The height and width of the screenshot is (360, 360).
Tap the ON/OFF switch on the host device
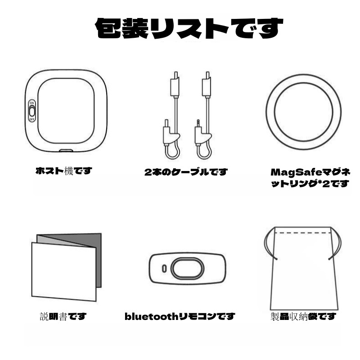(x=32, y=111)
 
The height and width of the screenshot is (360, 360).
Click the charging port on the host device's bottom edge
(x=66, y=151)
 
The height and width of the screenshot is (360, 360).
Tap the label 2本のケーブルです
(x=186, y=172)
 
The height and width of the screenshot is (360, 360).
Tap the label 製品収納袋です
(x=303, y=317)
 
